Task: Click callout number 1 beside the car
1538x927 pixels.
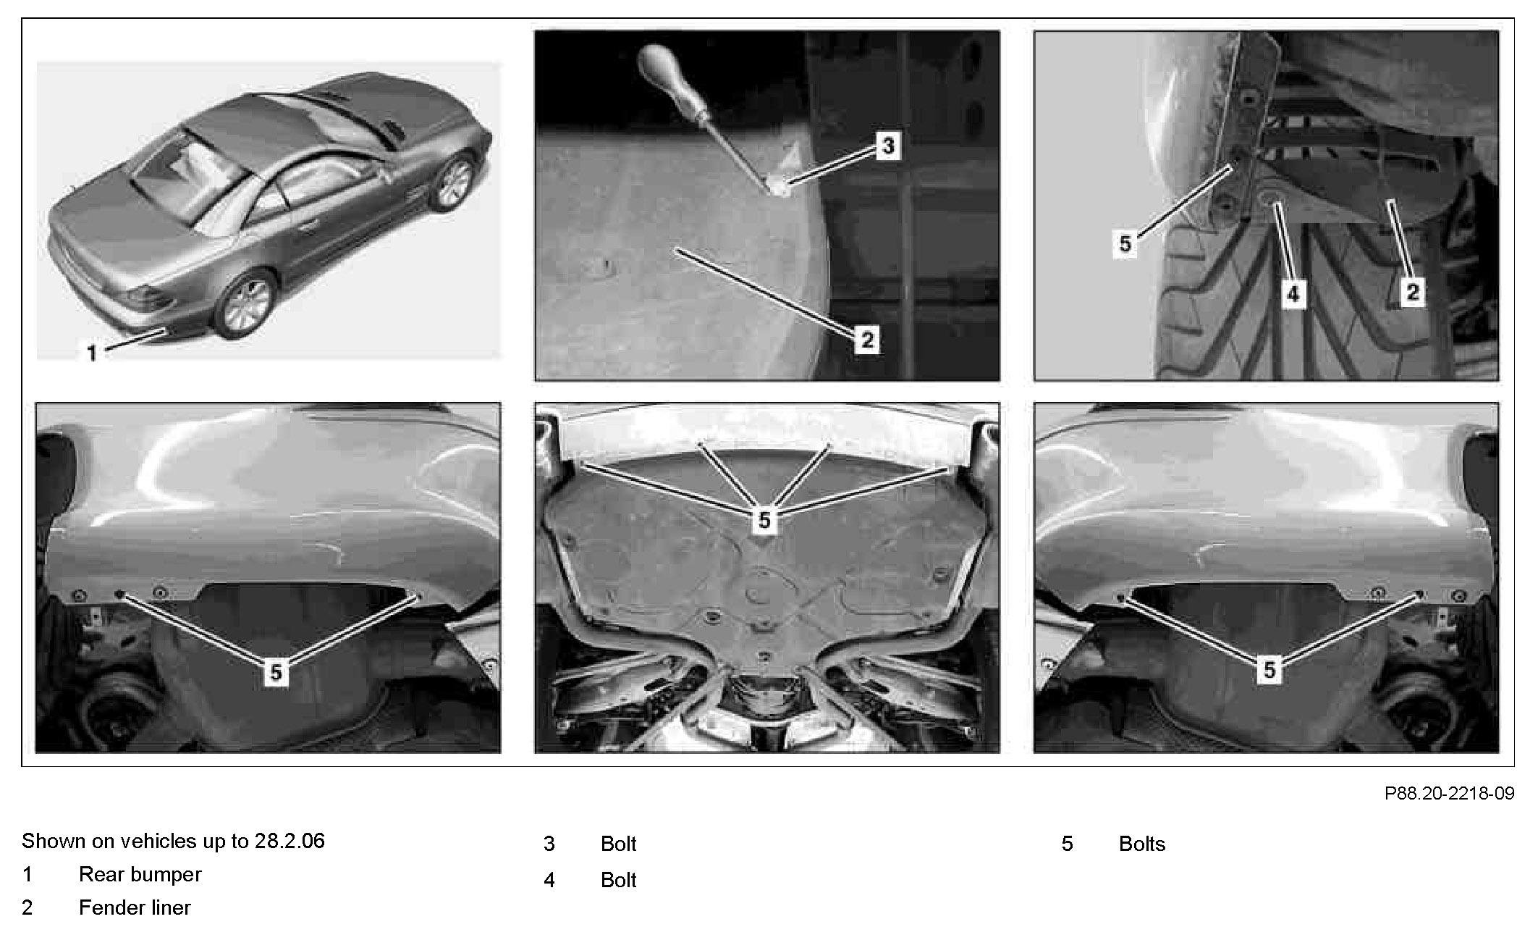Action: pyautogui.click(x=92, y=353)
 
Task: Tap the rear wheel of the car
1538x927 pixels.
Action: pyautogui.click(x=246, y=304)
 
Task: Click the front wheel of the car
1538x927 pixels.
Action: pyautogui.click(x=455, y=183)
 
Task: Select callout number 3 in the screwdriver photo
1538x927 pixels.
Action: pyautogui.click(x=888, y=146)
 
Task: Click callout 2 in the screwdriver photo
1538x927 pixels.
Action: pyautogui.click(x=867, y=340)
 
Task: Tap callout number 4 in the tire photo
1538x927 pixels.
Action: pyautogui.click(x=1293, y=293)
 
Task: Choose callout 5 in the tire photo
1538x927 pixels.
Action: pyautogui.click(x=1125, y=243)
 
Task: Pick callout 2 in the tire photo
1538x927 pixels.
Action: pyautogui.click(x=1412, y=292)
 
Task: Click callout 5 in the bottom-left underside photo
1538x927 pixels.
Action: pyautogui.click(x=276, y=672)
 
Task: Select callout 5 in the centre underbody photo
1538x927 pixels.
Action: pyautogui.click(x=764, y=520)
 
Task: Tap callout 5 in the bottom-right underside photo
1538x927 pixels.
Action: pyautogui.click(x=1269, y=670)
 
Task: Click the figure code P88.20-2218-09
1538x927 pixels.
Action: pyautogui.click(x=1449, y=794)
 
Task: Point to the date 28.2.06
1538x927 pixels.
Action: pyautogui.click(x=289, y=841)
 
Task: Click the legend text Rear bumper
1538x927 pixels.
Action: pyautogui.click(x=140, y=874)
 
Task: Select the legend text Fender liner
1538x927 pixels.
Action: pyautogui.click(x=135, y=907)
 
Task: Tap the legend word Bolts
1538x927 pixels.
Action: pyautogui.click(x=1142, y=844)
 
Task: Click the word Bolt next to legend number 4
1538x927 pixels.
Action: pyautogui.click(x=619, y=880)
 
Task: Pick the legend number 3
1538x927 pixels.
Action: pyautogui.click(x=549, y=844)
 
